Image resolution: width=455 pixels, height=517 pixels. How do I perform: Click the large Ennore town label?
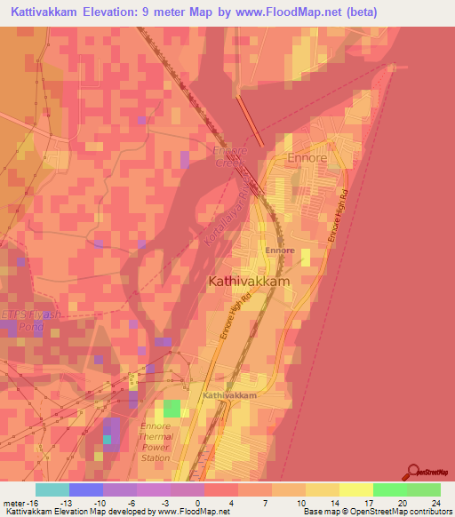(307, 158)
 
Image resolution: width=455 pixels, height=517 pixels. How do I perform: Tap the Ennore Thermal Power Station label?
(155, 441)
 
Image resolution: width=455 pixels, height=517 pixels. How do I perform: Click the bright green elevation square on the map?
(172, 409)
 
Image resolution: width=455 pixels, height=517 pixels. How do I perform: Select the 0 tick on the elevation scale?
(197, 503)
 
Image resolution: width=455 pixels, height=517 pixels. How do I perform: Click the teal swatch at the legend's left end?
(52, 489)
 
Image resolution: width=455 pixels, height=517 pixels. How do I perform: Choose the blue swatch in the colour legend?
(86, 489)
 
